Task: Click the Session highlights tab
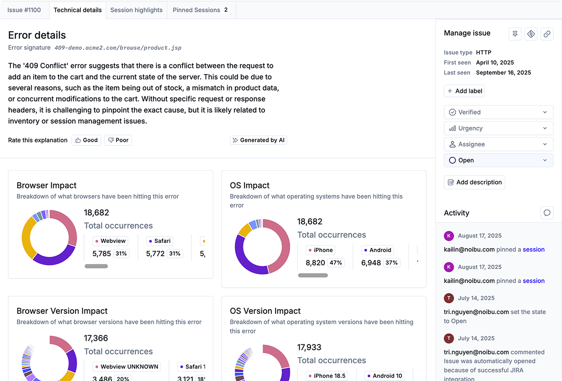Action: coord(136,10)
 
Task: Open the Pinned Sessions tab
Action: coord(201,10)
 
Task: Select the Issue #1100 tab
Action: coord(24,10)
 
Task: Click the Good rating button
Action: coord(86,140)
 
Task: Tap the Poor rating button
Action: coord(118,140)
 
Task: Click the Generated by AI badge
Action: coord(258,140)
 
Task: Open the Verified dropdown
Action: coord(498,112)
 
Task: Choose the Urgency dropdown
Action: coord(498,129)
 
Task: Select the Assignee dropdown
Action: coord(498,145)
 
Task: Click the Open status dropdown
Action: coord(498,161)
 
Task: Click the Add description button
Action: coord(474,182)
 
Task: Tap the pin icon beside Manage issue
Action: coord(515,34)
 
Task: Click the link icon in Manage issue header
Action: coord(547,34)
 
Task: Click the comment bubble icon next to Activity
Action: coord(547,213)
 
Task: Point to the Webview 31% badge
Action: coord(121,253)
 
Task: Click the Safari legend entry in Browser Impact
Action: coord(159,241)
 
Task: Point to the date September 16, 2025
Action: coord(504,73)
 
